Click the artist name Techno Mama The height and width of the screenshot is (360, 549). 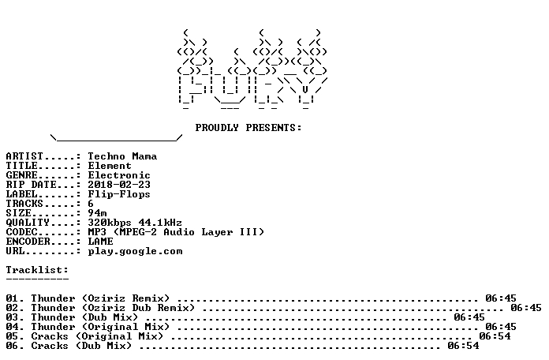pyautogui.click(x=122, y=156)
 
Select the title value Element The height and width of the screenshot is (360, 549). pyautogui.click(x=110, y=166)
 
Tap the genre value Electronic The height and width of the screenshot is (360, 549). pyautogui.click(x=119, y=175)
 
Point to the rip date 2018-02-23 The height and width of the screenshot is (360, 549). pyautogui.click(x=119, y=185)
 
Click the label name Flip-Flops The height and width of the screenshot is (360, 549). pyautogui.click(x=119, y=194)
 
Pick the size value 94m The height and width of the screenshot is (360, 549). pyautogui.click(x=97, y=213)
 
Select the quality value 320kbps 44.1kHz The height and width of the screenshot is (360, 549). pyautogui.click(x=135, y=223)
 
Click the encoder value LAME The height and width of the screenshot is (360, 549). pyautogui.click(x=100, y=242)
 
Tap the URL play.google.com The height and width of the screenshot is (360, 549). pyautogui.click(x=135, y=251)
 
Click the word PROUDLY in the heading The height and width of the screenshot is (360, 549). pyautogui.click(x=217, y=128)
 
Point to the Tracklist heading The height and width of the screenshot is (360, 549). pyautogui.click(x=37, y=270)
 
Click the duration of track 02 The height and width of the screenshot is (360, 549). pyautogui.click(x=526, y=308)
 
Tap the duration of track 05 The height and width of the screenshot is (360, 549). pyautogui.click(x=495, y=336)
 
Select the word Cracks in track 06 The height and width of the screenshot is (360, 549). pyautogui.click(x=50, y=346)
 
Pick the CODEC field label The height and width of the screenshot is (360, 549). pyautogui.click(x=21, y=232)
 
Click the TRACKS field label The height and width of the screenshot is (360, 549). pyautogui.click(x=24, y=204)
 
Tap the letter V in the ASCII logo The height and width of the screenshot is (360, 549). pyautogui.click(x=305, y=90)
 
